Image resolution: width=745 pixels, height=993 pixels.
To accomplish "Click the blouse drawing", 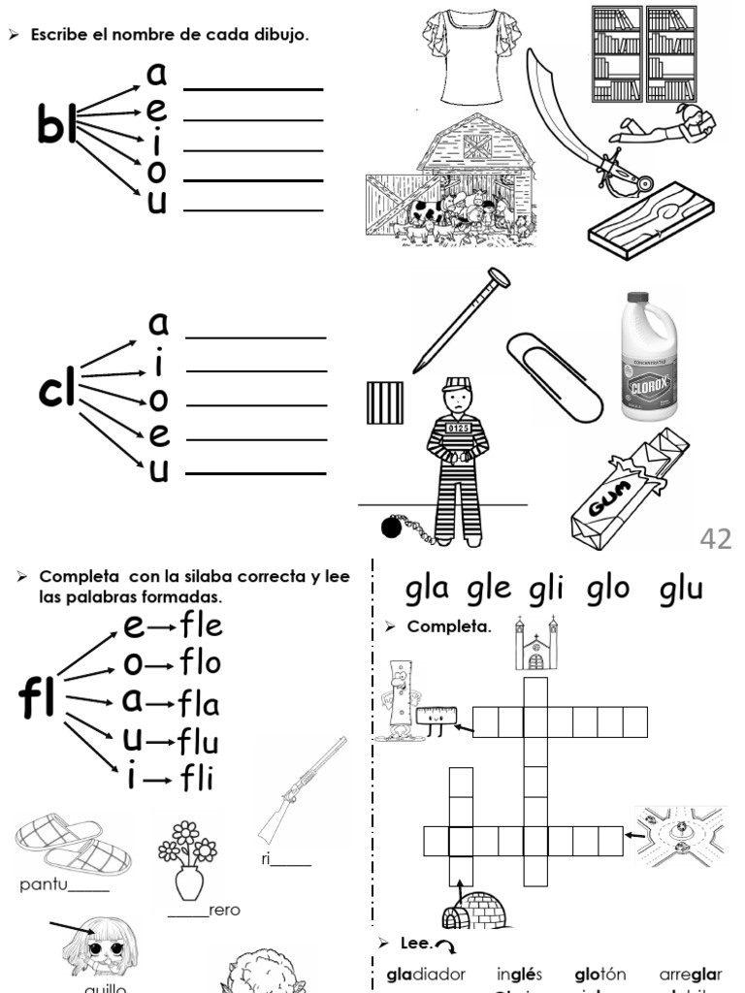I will click(x=458, y=55).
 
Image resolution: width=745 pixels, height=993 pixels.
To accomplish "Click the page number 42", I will click(x=715, y=538).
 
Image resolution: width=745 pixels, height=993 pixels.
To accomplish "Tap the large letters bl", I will click(x=56, y=125).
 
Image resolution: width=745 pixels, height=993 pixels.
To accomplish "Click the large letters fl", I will click(x=38, y=700).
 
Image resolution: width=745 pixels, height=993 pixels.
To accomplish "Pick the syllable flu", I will click(x=198, y=743).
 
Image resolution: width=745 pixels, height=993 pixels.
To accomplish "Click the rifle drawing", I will click(x=302, y=787).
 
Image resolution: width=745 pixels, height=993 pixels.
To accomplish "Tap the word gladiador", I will click(x=426, y=974).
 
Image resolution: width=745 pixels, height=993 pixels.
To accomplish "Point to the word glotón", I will click(x=599, y=974).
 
